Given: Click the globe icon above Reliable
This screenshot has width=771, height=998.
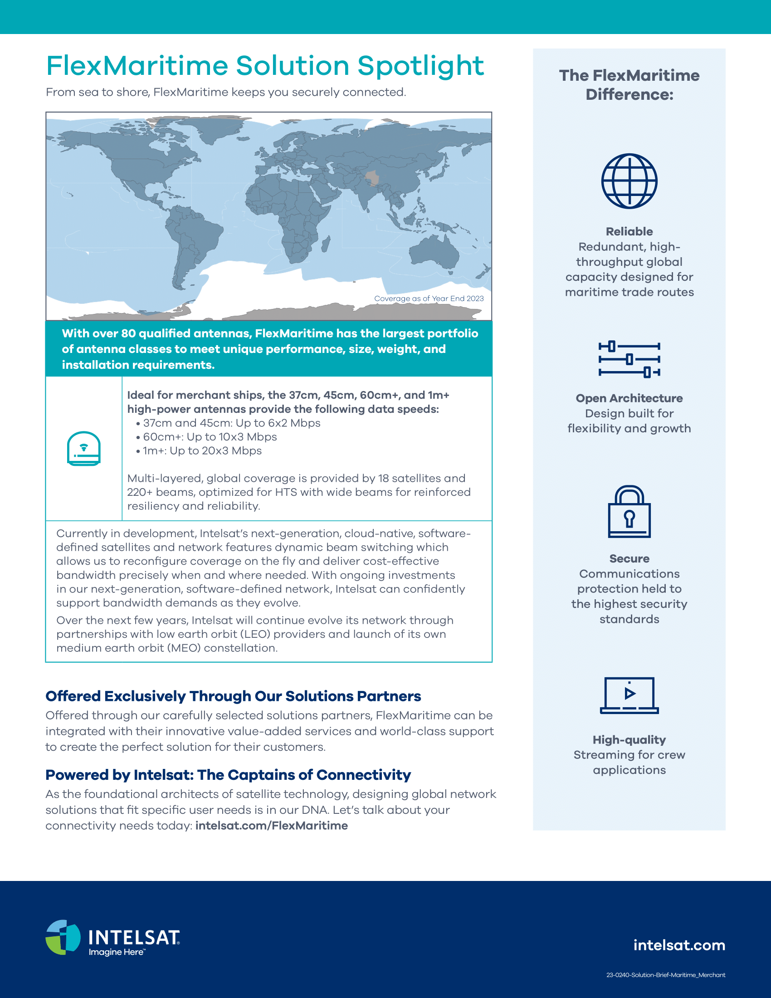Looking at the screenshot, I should coord(629,181).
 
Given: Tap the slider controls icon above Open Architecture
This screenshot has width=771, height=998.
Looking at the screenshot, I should coord(629,359).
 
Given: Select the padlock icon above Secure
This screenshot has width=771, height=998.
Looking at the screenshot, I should coord(629,511).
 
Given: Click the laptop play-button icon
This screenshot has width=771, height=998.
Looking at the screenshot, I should coord(629,695).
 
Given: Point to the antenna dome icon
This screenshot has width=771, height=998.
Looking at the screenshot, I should coord(83,448).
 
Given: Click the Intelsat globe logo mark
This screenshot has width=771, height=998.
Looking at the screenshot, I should coord(63,937).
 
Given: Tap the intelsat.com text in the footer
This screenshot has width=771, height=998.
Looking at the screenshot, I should coord(679,945).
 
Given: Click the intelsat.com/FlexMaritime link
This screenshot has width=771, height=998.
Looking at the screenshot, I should coord(271,826).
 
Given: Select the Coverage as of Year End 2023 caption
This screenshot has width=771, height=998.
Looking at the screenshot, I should coord(429,298).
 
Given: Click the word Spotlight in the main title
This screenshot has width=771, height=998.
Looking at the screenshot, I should coord(420,66).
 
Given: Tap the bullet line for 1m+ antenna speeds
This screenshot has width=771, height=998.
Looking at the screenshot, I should coord(201,451).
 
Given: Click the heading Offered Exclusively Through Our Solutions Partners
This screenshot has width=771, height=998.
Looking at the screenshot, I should coord(233,696).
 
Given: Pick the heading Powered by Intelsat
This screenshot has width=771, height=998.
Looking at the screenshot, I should coord(228,775).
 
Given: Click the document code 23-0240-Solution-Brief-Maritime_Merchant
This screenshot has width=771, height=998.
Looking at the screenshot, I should coord(665,975).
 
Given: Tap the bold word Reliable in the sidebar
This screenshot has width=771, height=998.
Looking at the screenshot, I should coord(629,232).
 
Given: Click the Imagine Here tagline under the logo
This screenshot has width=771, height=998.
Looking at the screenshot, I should coord(117,952).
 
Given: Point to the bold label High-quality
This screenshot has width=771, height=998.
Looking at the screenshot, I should coord(629,740).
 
